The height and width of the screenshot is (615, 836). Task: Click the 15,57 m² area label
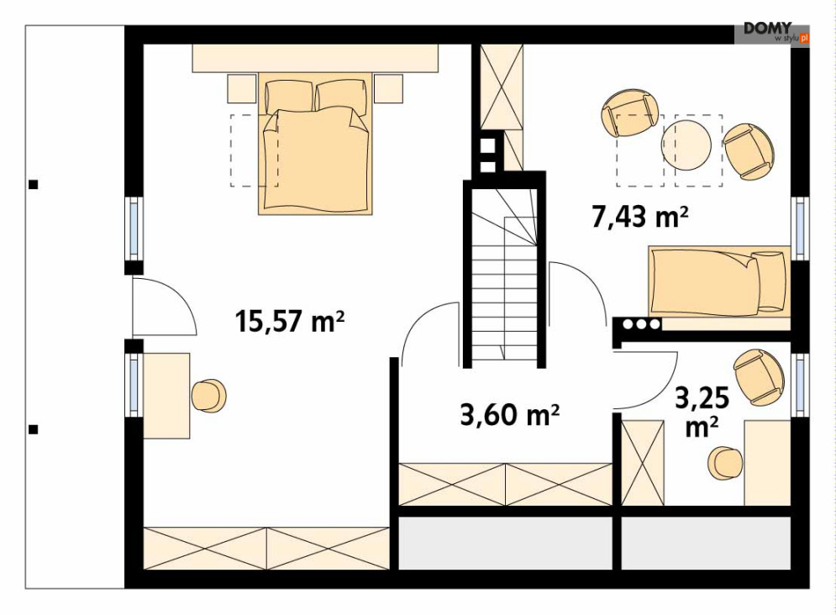tap(290, 321)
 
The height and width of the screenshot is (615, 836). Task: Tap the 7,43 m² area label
tap(639, 217)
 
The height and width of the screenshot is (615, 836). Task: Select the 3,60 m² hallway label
tap(510, 414)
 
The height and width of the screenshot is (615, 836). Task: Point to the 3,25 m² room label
tap(702, 412)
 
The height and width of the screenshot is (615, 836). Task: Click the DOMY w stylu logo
tap(772, 33)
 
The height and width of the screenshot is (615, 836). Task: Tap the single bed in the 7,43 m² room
tap(719, 282)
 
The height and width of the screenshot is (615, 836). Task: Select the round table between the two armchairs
tap(686, 145)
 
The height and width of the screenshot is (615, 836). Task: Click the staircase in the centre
tap(504, 275)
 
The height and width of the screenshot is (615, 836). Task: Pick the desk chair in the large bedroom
tap(208, 396)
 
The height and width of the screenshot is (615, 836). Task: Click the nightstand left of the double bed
tap(243, 88)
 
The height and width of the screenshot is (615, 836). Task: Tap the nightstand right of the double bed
tap(388, 88)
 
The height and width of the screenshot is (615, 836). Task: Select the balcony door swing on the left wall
tap(164, 306)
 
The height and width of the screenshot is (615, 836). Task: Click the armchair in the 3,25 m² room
tap(760, 377)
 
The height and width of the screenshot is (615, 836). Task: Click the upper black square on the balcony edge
tap(33, 185)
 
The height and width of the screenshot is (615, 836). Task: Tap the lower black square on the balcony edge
tap(33, 429)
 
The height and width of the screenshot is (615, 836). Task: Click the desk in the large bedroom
tap(166, 396)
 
